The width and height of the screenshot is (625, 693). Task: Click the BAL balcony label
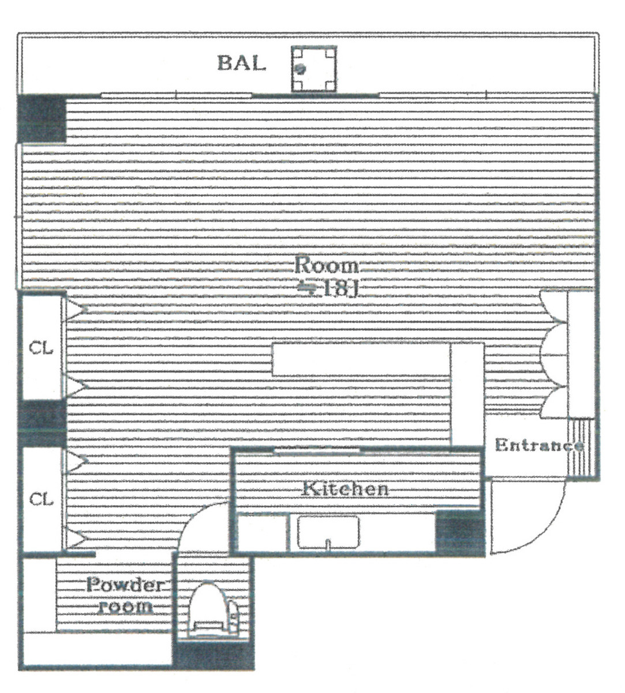241,62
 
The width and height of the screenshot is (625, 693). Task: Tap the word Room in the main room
326,266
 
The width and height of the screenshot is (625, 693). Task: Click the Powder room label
125,595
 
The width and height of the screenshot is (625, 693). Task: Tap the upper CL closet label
41,348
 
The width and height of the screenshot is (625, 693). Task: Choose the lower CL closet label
41,499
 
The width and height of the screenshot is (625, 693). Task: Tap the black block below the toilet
214,655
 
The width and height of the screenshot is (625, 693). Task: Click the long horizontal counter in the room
361,360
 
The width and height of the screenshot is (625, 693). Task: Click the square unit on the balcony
313,69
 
